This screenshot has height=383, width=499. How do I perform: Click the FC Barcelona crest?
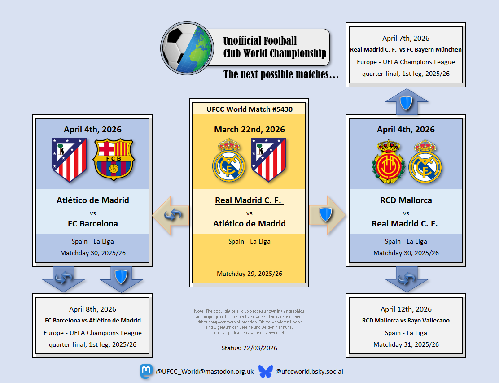tap(114, 159)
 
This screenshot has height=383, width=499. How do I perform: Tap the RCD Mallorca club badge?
tap(388, 161)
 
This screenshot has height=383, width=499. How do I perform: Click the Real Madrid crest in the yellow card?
tap(228, 160)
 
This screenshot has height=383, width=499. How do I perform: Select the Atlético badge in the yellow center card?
tap(269, 160)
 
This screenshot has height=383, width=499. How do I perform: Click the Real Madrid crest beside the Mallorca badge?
tap(425, 161)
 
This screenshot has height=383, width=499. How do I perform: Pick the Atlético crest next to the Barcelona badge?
tap(70, 160)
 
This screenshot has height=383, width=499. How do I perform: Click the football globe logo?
tap(187, 48)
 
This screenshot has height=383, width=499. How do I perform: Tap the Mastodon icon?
tap(146, 371)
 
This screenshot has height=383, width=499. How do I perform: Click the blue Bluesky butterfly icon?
tap(265, 371)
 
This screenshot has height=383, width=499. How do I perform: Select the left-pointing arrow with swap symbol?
tap(171, 215)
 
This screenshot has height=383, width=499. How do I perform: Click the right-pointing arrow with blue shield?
tap(327, 215)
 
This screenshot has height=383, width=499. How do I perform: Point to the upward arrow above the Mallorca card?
tap(407, 101)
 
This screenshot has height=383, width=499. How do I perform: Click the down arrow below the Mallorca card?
tap(407, 279)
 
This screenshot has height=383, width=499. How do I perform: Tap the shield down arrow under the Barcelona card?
tap(121, 279)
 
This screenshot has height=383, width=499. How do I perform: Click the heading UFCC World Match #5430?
tap(249, 109)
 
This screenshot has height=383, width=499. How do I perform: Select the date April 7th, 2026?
tap(406, 39)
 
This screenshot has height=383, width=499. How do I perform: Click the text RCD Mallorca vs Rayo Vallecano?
tap(406, 320)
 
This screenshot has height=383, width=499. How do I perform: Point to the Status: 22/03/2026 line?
tap(249, 348)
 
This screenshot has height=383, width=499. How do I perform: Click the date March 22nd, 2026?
tap(249, 130)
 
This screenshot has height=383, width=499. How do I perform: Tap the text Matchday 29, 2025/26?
tap(249, 274)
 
